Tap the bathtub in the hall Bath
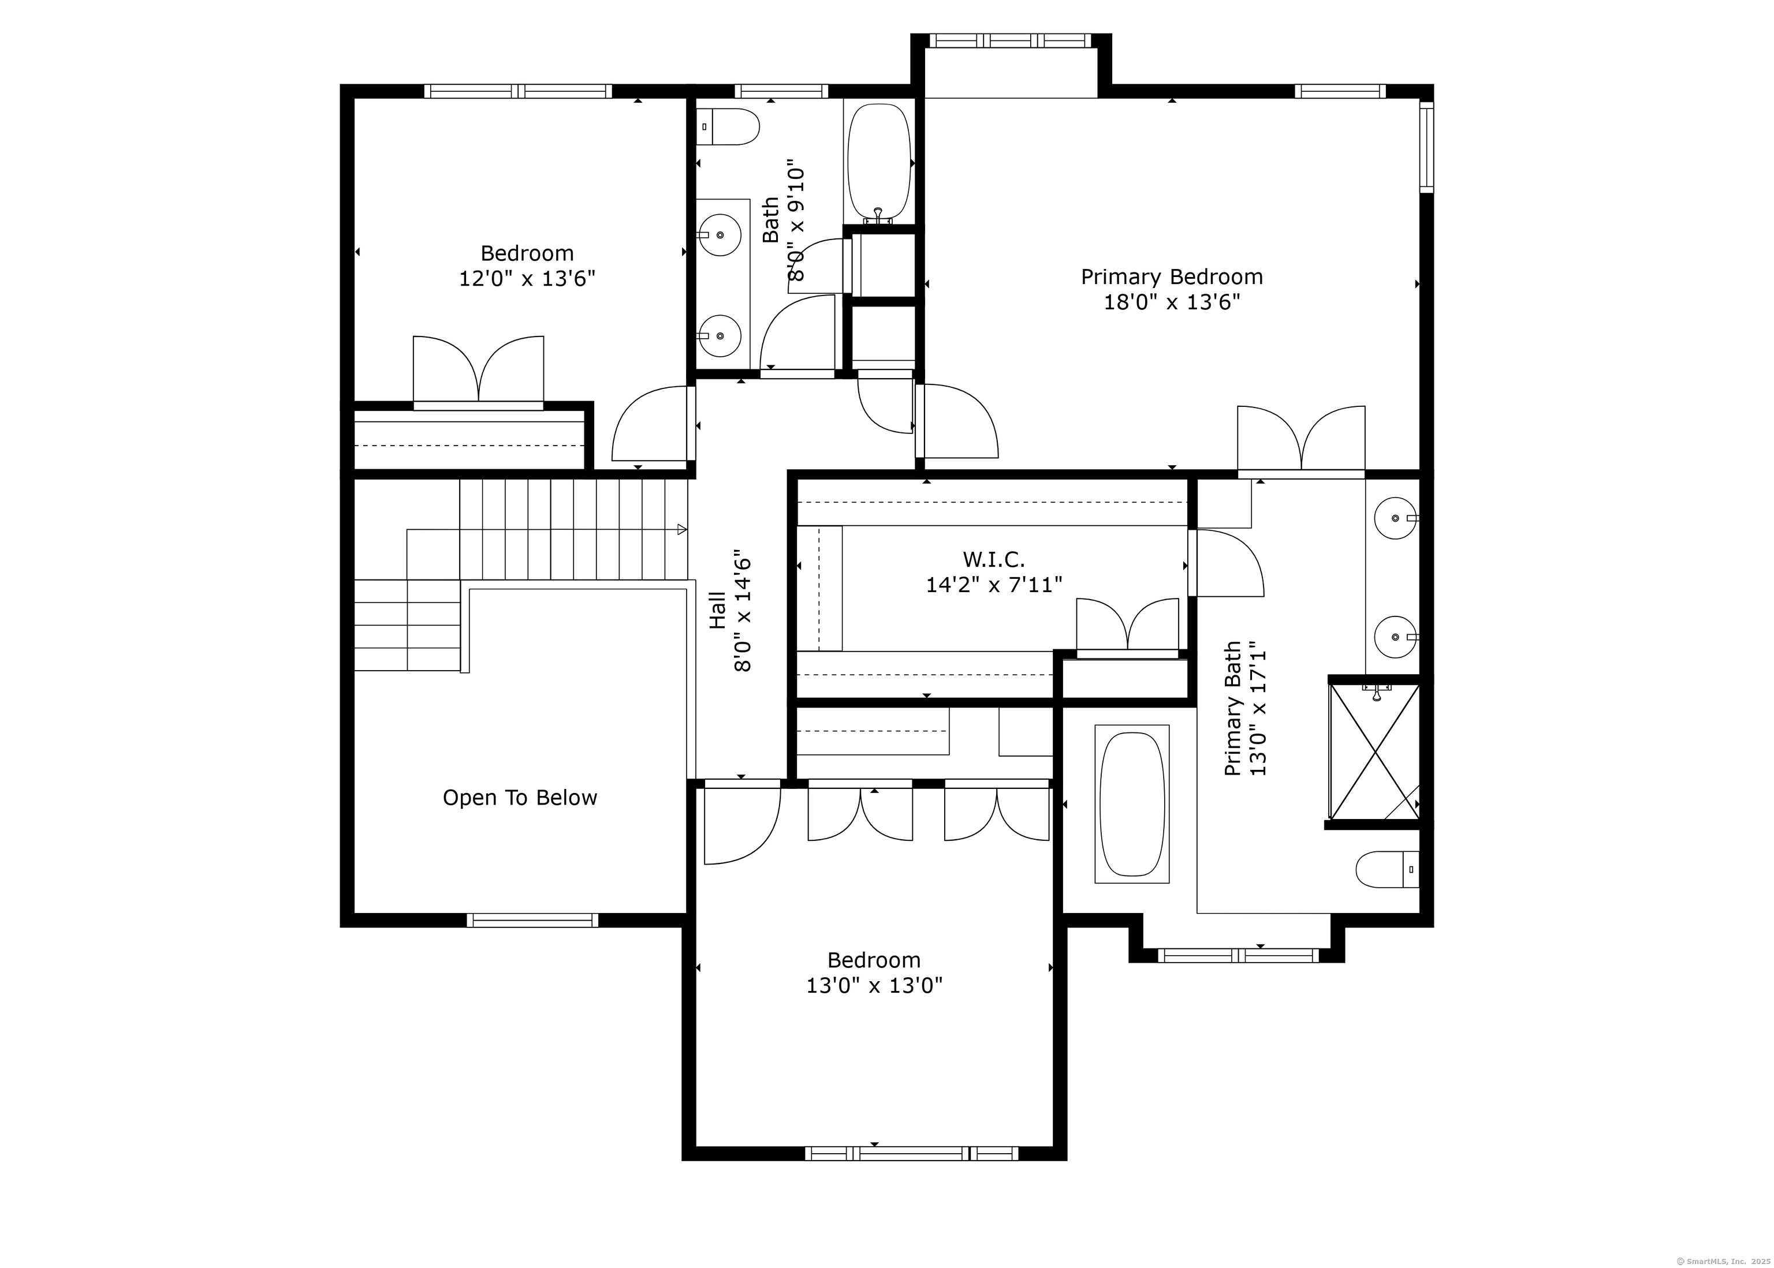click(x=879, y=163)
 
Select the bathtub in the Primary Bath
click(x=1132, y=803)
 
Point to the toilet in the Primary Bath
click(x=1387, y=869)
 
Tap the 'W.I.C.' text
click(x=994, y=559)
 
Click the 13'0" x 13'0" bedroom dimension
click(x=874, y=985)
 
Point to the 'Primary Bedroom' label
click(x=1172, y=277)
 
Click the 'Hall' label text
click(x=717, y=610)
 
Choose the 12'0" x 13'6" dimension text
click(x=527, y=279)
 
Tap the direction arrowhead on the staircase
click(x=682, y=529)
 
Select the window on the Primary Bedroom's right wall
click(x=1426, y=147)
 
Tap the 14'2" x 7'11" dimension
click(x=994, y=585)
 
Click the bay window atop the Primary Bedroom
click(x=1011, y=40)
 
